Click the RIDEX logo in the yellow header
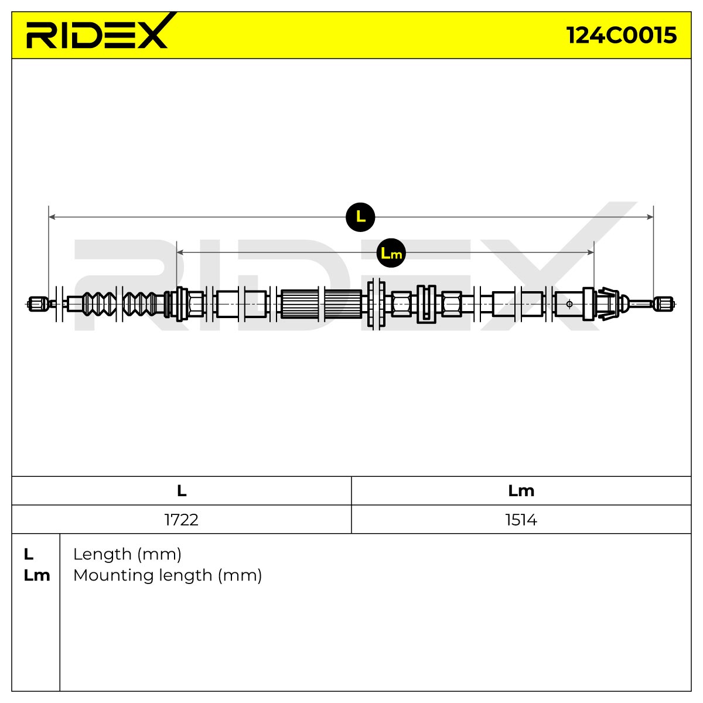coord(98,32)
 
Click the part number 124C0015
coord(622,35)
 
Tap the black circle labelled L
coord(360,217)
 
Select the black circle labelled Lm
coord(391,253)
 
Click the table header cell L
coord(182,491)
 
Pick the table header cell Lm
coord(521,491)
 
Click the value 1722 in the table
coord(181,520)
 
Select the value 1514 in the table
coord(521,520)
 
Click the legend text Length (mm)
coord(127,555)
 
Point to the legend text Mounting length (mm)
coord(168,576)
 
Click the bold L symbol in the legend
coord(29,555)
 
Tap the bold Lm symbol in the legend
coord(37,576)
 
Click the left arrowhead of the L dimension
coord(52,217)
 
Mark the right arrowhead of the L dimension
coord(650,217)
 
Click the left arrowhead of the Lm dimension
coord(180,252)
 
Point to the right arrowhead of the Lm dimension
coord(591,252)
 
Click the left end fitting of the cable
coord(38,304)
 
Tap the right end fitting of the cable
coord(664,304)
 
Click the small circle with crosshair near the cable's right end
coord(569,304)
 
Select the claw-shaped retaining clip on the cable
coord(607,304)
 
